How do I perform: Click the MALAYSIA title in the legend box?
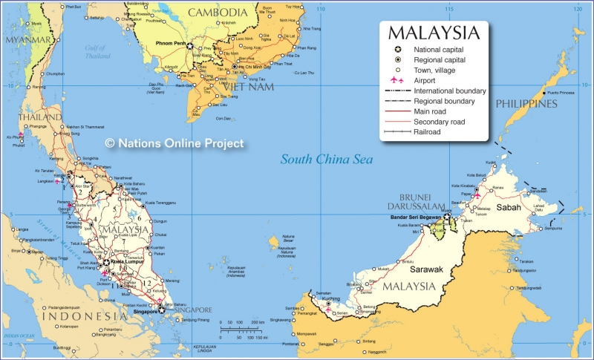433,33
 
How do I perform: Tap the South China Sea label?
326,159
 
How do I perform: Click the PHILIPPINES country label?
526,104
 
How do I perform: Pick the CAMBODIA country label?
217,13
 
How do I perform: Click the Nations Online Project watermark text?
174,143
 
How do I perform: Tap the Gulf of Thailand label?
97,51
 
